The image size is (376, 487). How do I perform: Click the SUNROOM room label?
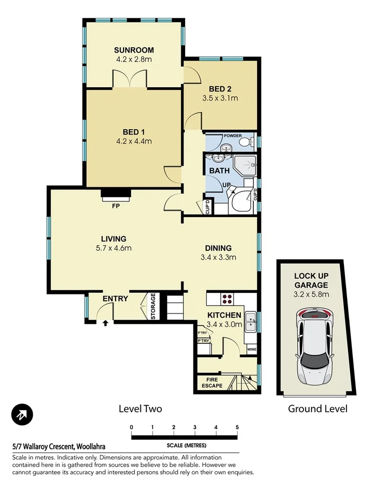[x=134, y=50]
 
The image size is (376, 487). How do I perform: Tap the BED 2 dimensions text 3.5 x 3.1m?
[x=220, y=98]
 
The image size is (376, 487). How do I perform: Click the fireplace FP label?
[x=115, y=206]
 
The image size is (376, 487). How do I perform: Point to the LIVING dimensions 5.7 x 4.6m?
[x=114, y=248]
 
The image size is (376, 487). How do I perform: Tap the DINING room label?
[x=218, y=248]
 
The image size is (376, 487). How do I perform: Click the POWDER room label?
[x=232, y=136]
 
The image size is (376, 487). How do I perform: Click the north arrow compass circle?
[x=22, y=415]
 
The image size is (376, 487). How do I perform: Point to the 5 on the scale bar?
[x=237, y=427]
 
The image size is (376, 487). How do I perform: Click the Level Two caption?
[x=140, y=409]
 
